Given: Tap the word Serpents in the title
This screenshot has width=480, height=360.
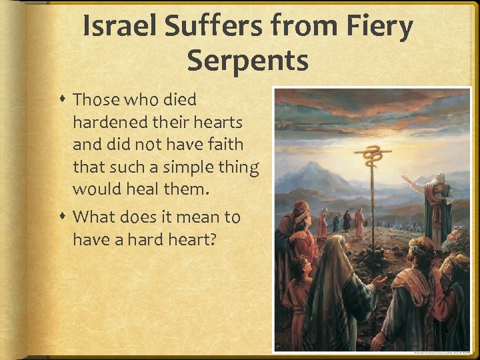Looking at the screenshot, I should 247,60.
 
